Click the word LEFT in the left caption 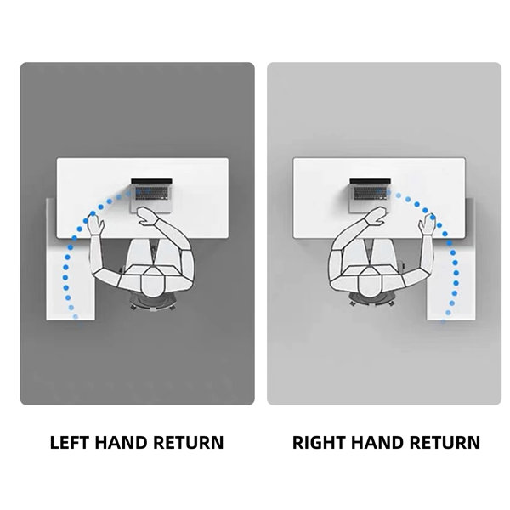70,442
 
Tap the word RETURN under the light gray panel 445,442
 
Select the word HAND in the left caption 121,442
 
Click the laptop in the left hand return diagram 151,195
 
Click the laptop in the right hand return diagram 370,195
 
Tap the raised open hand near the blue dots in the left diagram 96,224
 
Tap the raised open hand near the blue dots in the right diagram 427,224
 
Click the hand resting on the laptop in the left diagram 147,216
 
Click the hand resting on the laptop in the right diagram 376,216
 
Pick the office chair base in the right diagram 371,301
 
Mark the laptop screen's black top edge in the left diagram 151,181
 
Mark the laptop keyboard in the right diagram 370,193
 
